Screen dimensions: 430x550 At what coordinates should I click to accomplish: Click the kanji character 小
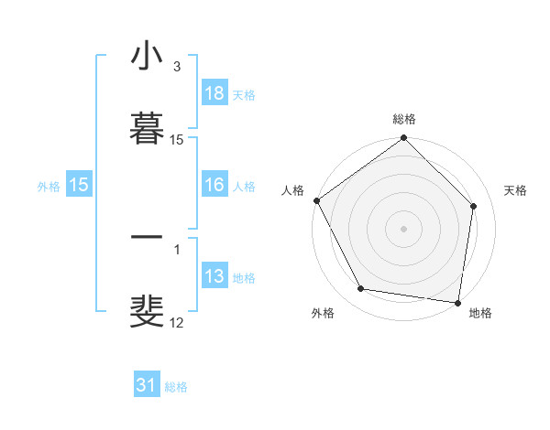click(147, 56)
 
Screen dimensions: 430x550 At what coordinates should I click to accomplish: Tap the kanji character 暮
click(147, 127)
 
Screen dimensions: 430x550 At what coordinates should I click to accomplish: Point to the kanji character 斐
click(147, 310)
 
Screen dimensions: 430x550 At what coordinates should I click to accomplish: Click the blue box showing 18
click(214, 93)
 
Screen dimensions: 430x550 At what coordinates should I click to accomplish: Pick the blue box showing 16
click(214, 186)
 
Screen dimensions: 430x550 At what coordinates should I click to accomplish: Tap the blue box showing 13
click(214, 277)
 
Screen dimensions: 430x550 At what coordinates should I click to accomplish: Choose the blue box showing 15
click(79, 186)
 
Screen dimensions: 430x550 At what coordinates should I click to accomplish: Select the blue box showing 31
click(146, 385)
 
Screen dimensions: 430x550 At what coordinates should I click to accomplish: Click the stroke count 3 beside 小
click(176, 67)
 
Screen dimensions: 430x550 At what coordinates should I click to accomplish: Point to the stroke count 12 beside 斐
click(176, 321)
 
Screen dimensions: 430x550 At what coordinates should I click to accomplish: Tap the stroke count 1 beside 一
click(176, 249)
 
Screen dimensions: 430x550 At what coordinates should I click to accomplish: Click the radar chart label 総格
click(404, 119)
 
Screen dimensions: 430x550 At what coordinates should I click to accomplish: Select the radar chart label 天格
click(516, 190)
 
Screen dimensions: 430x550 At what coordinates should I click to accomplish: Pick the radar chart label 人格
click(292, 190)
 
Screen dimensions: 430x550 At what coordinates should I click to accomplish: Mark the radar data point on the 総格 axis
click(404, 139)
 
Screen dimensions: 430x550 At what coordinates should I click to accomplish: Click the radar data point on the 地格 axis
click(457, 302)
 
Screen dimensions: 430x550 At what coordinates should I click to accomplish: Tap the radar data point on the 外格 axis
click(361, 289)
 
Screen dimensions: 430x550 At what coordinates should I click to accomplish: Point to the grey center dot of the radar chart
click(404, 228)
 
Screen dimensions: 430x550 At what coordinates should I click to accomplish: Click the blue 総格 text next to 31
click(176, 387)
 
